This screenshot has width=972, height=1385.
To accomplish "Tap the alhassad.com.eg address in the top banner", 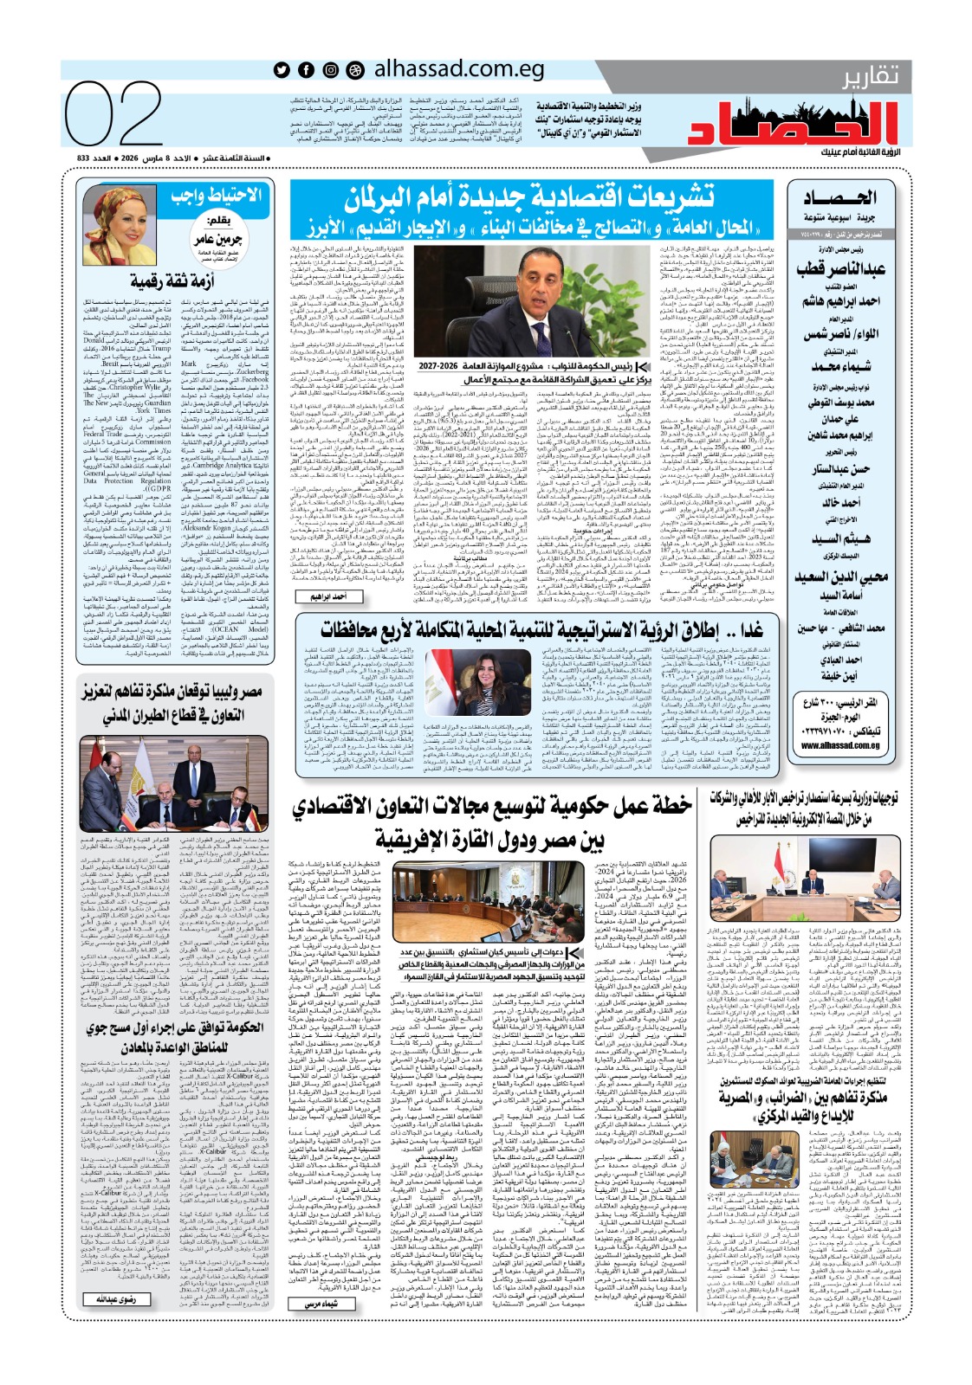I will point(458,69).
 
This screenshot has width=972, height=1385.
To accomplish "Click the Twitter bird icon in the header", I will point(282,70).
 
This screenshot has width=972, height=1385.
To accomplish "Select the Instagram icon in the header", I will point(331,70).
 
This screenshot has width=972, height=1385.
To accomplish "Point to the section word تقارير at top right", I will point(871,76).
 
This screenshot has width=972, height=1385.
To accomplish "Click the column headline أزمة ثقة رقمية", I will point(172,280).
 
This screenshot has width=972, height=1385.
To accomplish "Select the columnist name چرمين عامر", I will point(217,239).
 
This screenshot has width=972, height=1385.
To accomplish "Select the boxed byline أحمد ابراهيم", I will point(328,596).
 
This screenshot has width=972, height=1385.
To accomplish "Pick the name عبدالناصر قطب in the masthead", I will point(840,269).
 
